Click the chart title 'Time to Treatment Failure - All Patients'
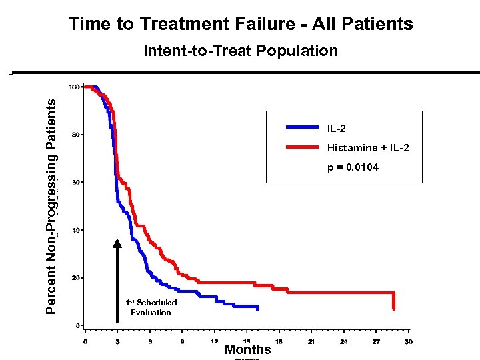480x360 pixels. tap(241, 25)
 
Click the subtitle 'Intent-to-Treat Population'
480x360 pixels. tap(241, 51)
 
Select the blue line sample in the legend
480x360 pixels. tap(303, 127)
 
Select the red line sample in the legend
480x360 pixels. tap(303, 147)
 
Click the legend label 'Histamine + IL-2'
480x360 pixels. tap(368, 147)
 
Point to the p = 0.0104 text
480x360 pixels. tap(353, 167)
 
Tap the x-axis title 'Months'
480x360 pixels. tap(247, 349)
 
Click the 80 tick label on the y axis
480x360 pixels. tap(76, 135)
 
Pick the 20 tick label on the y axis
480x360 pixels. tap(76, 277)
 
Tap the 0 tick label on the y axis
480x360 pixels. tap(78, 325)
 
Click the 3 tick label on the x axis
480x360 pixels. tap(117, 342)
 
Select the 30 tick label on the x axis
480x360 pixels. tap(408, 342)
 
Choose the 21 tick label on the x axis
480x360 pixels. tap(311, 342)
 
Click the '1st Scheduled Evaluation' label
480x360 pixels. tap(151, 307)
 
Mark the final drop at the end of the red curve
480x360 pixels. tap(394, 301)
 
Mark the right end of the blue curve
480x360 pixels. tap(257, 307)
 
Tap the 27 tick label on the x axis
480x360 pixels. tap(376, 342)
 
